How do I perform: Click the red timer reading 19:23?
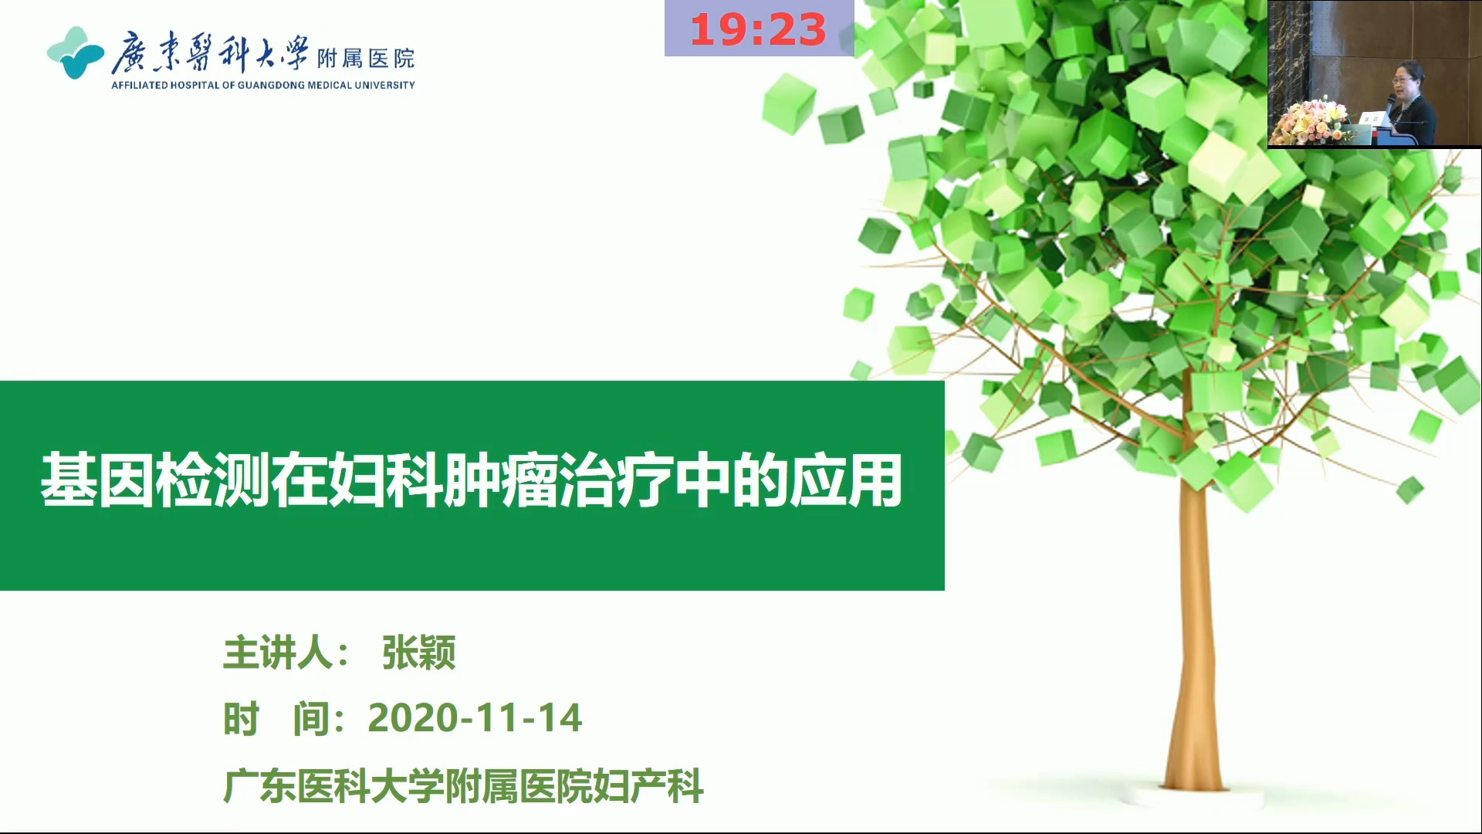tap(758, 30)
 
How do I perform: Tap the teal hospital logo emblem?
tap(75, 53)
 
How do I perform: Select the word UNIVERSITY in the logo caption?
tap(384, 85)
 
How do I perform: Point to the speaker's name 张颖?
tap(418, 653)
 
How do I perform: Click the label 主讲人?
tap(278, 653)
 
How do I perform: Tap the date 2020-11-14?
tap(475, 718)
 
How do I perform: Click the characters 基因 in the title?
tap(97, 480)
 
